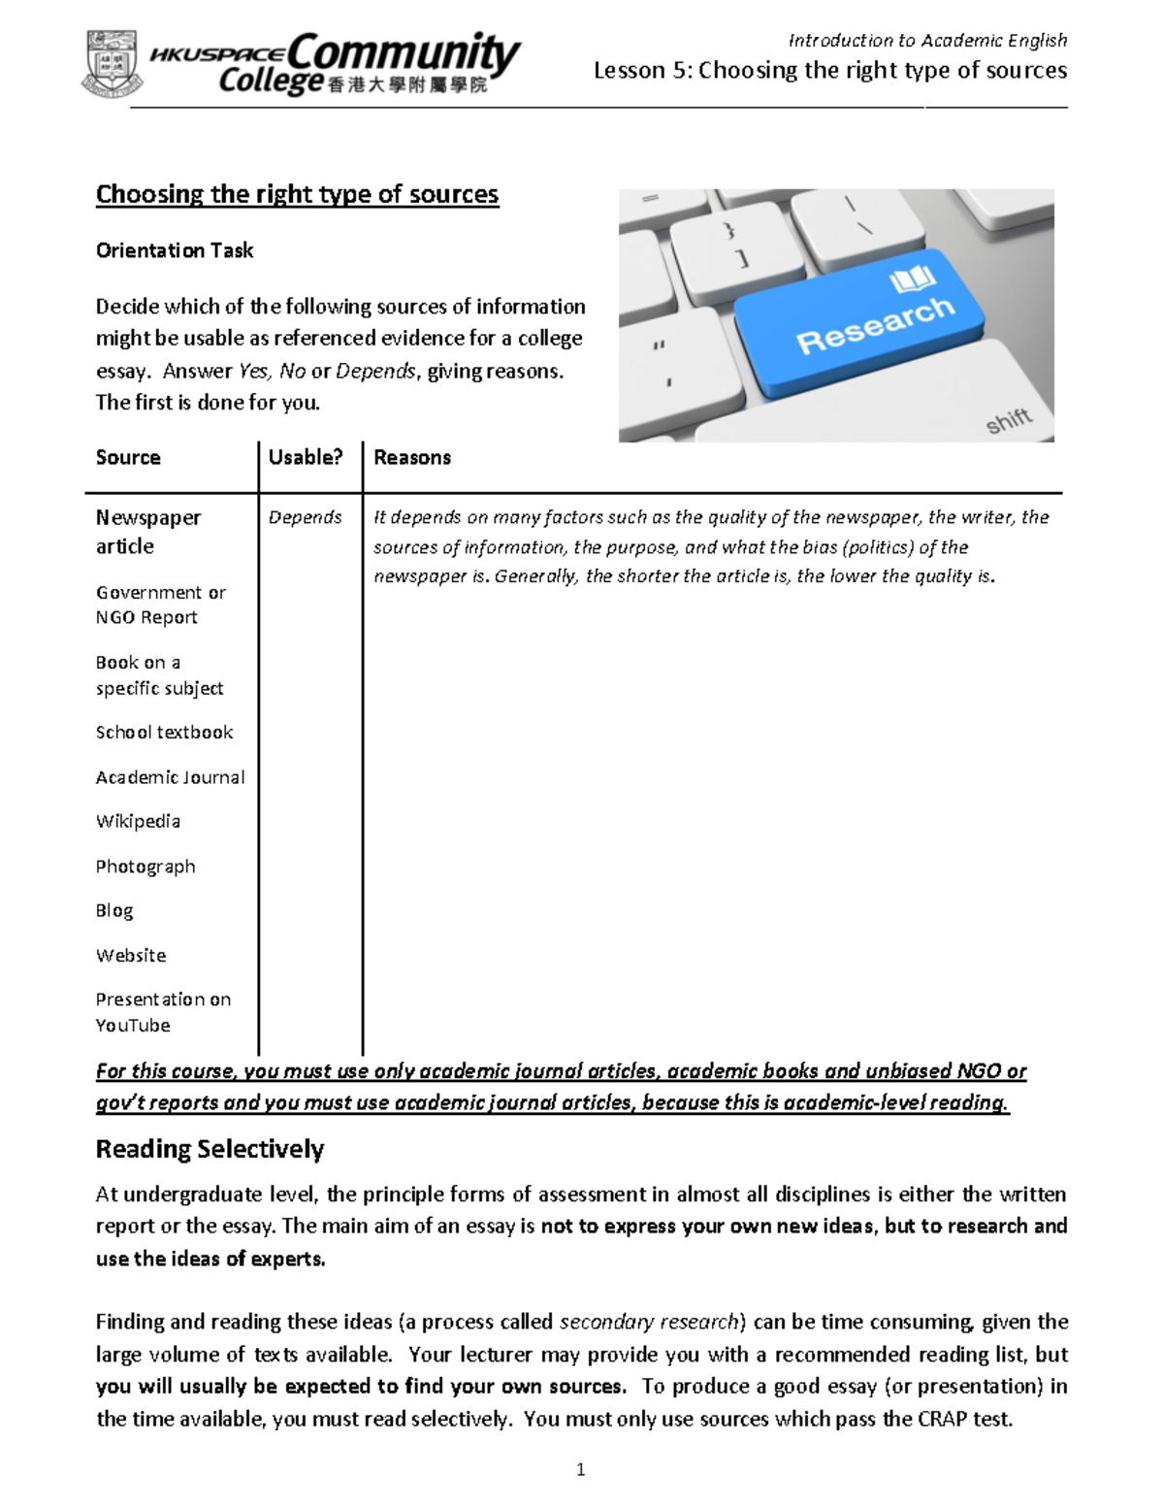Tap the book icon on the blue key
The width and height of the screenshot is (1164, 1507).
tap(912, 280)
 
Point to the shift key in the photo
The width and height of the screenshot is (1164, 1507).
tap(1009, 420)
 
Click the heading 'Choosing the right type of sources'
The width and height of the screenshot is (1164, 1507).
tap(297, 194)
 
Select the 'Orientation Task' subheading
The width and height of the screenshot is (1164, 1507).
tap(175, 250)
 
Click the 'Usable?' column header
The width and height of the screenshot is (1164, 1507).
tap(306, 457)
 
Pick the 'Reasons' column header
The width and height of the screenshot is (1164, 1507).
tap(412, 457)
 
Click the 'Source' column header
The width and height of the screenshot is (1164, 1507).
tap(128, 457)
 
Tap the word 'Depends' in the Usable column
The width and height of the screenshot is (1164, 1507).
tap(306, 517)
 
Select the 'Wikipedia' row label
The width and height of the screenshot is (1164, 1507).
tap(138, 821)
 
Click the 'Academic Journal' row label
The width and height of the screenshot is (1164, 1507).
tap(170, 777)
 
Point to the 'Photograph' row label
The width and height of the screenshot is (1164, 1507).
tap(145, 867)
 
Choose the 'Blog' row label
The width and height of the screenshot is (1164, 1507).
tap(114, 910)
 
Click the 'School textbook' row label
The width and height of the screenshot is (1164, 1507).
tap(164, 733)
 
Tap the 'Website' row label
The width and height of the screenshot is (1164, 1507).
tap(131, 955)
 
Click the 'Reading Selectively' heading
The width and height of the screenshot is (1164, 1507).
tap(210, 1149)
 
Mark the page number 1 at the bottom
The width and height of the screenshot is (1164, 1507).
tap(581, 1469)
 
